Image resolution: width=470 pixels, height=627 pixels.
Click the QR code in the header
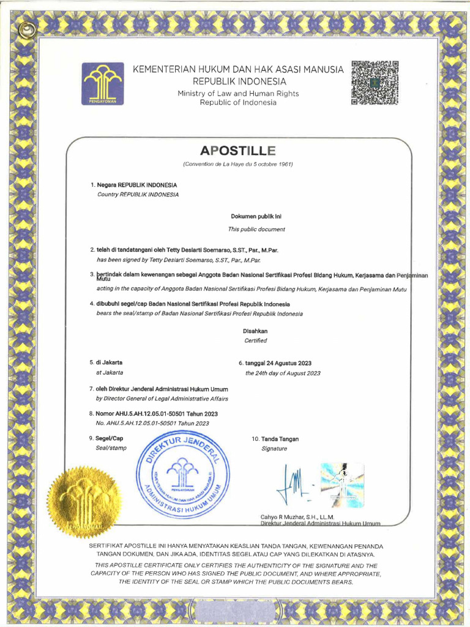pyautogui.click(x=375, y=83)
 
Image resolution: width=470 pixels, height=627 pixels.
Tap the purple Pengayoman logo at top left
pyautogui.click(x=103, y=83)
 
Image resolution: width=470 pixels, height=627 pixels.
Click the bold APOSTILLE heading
pyautogui.click(x=238, y=151)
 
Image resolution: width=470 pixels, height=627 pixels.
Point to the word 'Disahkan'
pyautogui.click(x=255, y=331)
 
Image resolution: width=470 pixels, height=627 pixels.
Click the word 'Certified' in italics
pyautogui.click(x=255, y=340)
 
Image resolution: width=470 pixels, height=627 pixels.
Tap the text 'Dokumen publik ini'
pyautogui.click(x=256, y=216)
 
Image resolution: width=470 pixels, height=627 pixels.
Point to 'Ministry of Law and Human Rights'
pyautogui.click(x=238, y=93)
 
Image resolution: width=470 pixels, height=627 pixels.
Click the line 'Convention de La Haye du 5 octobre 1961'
pyautogui.click(x=238, y=164)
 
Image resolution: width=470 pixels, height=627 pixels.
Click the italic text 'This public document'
pyautogui.click(x=256, y=229)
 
